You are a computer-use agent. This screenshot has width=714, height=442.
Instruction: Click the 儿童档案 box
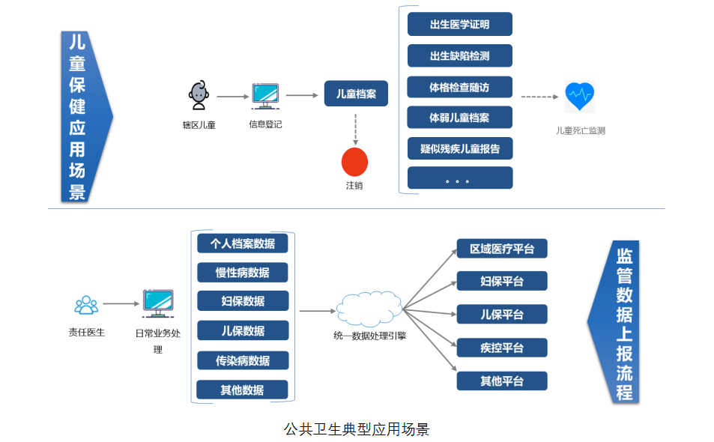pyautogui.click(x=356, y=94)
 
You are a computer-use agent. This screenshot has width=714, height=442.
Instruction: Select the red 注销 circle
pyautogui.click(x=354, y=161)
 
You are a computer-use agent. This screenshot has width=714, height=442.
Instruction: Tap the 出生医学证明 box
pyautogui.click(x=459, y=24)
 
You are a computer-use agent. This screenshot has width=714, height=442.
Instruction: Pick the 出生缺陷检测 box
pyautogui.click(x=459, y=55)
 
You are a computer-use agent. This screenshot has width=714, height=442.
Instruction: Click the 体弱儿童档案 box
pyautogui.click(x=459, y=118)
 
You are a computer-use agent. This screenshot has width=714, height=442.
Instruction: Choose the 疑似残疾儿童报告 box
pyautogui.click(x=459, y=148)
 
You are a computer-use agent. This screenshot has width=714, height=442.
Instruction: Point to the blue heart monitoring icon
pyautogui.click(x=579, y=95)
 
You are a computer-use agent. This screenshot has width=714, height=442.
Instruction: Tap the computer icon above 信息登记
pyautogui.click(x=265, y=97)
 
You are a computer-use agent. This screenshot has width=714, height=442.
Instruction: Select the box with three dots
pyautogui.click(x=459, y=178)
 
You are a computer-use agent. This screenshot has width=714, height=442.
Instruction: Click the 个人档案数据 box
pyautogui.click(x=243, y=243)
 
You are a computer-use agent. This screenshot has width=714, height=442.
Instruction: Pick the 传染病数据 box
pyautogui.click(x=243, y=360)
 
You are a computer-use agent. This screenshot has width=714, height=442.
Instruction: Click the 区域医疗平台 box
pyautogui.click(x=502, y=249)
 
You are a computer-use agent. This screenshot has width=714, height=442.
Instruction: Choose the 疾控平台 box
pyautogui.click(x=502, y=348)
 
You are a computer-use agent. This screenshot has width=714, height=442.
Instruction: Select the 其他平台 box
pyautogui.click(x=502, y=381)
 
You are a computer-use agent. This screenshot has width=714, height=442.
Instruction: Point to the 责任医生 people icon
pyautogui.click(x=86, y=305)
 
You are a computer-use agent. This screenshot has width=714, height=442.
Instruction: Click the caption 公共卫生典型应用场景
pyautogui.click(x=357, y=429)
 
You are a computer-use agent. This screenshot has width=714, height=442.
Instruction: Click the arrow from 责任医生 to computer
pyautogui.click(x=121, y=304)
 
